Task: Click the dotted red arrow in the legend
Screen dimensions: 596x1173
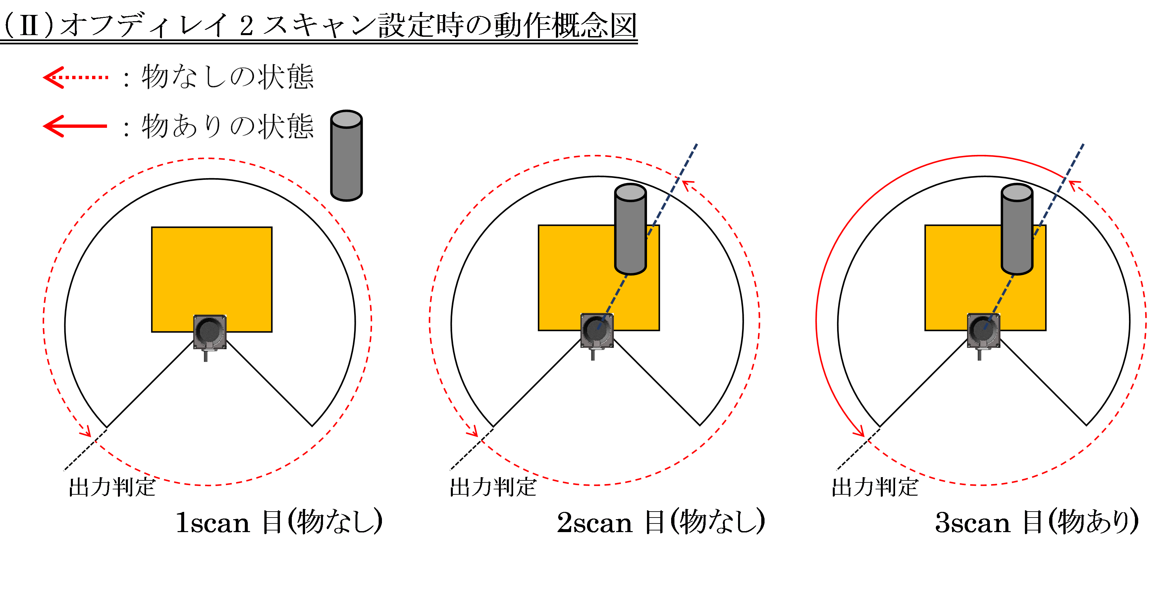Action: coord(76,77)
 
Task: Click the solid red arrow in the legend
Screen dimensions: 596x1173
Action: coord(75,126)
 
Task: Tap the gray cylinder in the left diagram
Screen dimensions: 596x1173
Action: coord(347,159)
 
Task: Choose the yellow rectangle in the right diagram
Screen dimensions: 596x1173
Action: coord(961,269)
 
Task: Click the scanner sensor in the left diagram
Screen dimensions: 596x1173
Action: coord(210,332)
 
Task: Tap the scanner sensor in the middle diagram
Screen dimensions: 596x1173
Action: coord(597,330)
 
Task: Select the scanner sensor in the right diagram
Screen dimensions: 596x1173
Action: coord(984,330)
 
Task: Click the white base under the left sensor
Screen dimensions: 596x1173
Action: coord(210,356)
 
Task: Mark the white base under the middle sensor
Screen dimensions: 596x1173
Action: coord(597,354)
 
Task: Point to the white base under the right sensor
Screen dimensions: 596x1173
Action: coord(984,354)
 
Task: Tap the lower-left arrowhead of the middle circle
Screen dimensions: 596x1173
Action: coord(473,431)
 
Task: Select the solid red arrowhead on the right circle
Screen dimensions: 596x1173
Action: coord(859,431)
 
